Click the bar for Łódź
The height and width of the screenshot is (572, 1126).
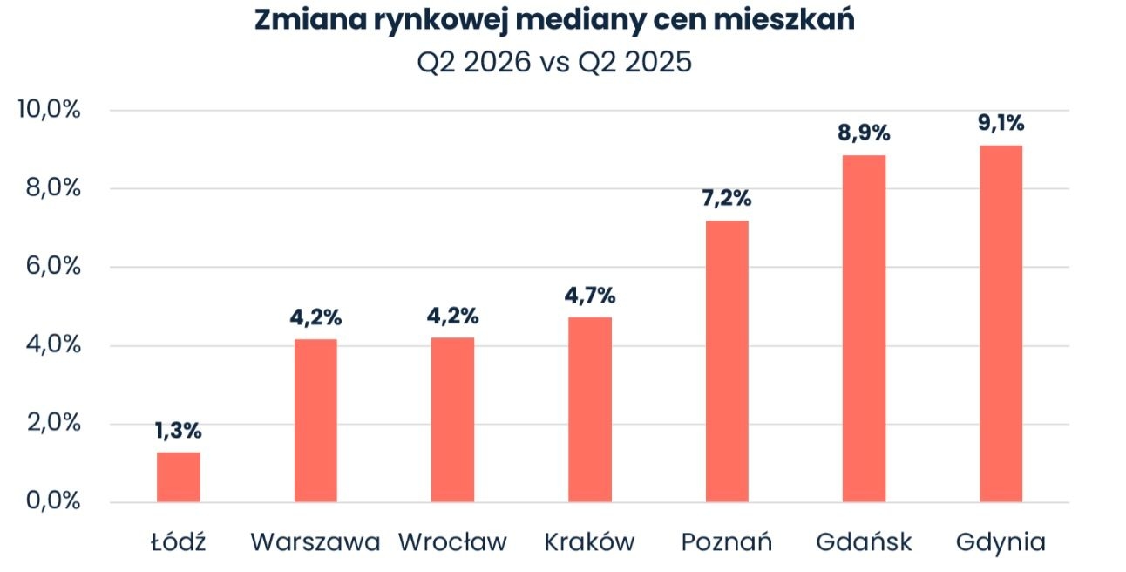click(179, 477)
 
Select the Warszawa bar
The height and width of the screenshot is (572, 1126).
click(315, 420)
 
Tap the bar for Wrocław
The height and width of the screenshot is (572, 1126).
click(452, 419)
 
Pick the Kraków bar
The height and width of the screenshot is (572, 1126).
click(590, 410)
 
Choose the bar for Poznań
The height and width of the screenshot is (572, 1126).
click(727, 361)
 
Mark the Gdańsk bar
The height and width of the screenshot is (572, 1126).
click(864, 329)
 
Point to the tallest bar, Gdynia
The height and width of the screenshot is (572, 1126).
click(1001, 323)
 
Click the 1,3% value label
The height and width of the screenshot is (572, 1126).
click(179, 431)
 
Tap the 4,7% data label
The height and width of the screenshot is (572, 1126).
click(590, 296)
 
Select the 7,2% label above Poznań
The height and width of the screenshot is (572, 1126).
click(727, 199)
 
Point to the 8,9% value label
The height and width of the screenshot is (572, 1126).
click(864, 133)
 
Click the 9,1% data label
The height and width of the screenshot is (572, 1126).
click(1001, 123)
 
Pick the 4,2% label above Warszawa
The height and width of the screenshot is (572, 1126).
click(315, 318)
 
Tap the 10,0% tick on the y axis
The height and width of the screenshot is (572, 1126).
click(49, 109)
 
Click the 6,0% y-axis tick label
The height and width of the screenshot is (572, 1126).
click(53, 266)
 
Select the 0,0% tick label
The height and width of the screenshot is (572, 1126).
click(53, 500)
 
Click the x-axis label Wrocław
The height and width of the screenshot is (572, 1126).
click(452, 542)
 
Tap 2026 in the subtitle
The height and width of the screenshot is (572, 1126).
click(497, 63)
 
